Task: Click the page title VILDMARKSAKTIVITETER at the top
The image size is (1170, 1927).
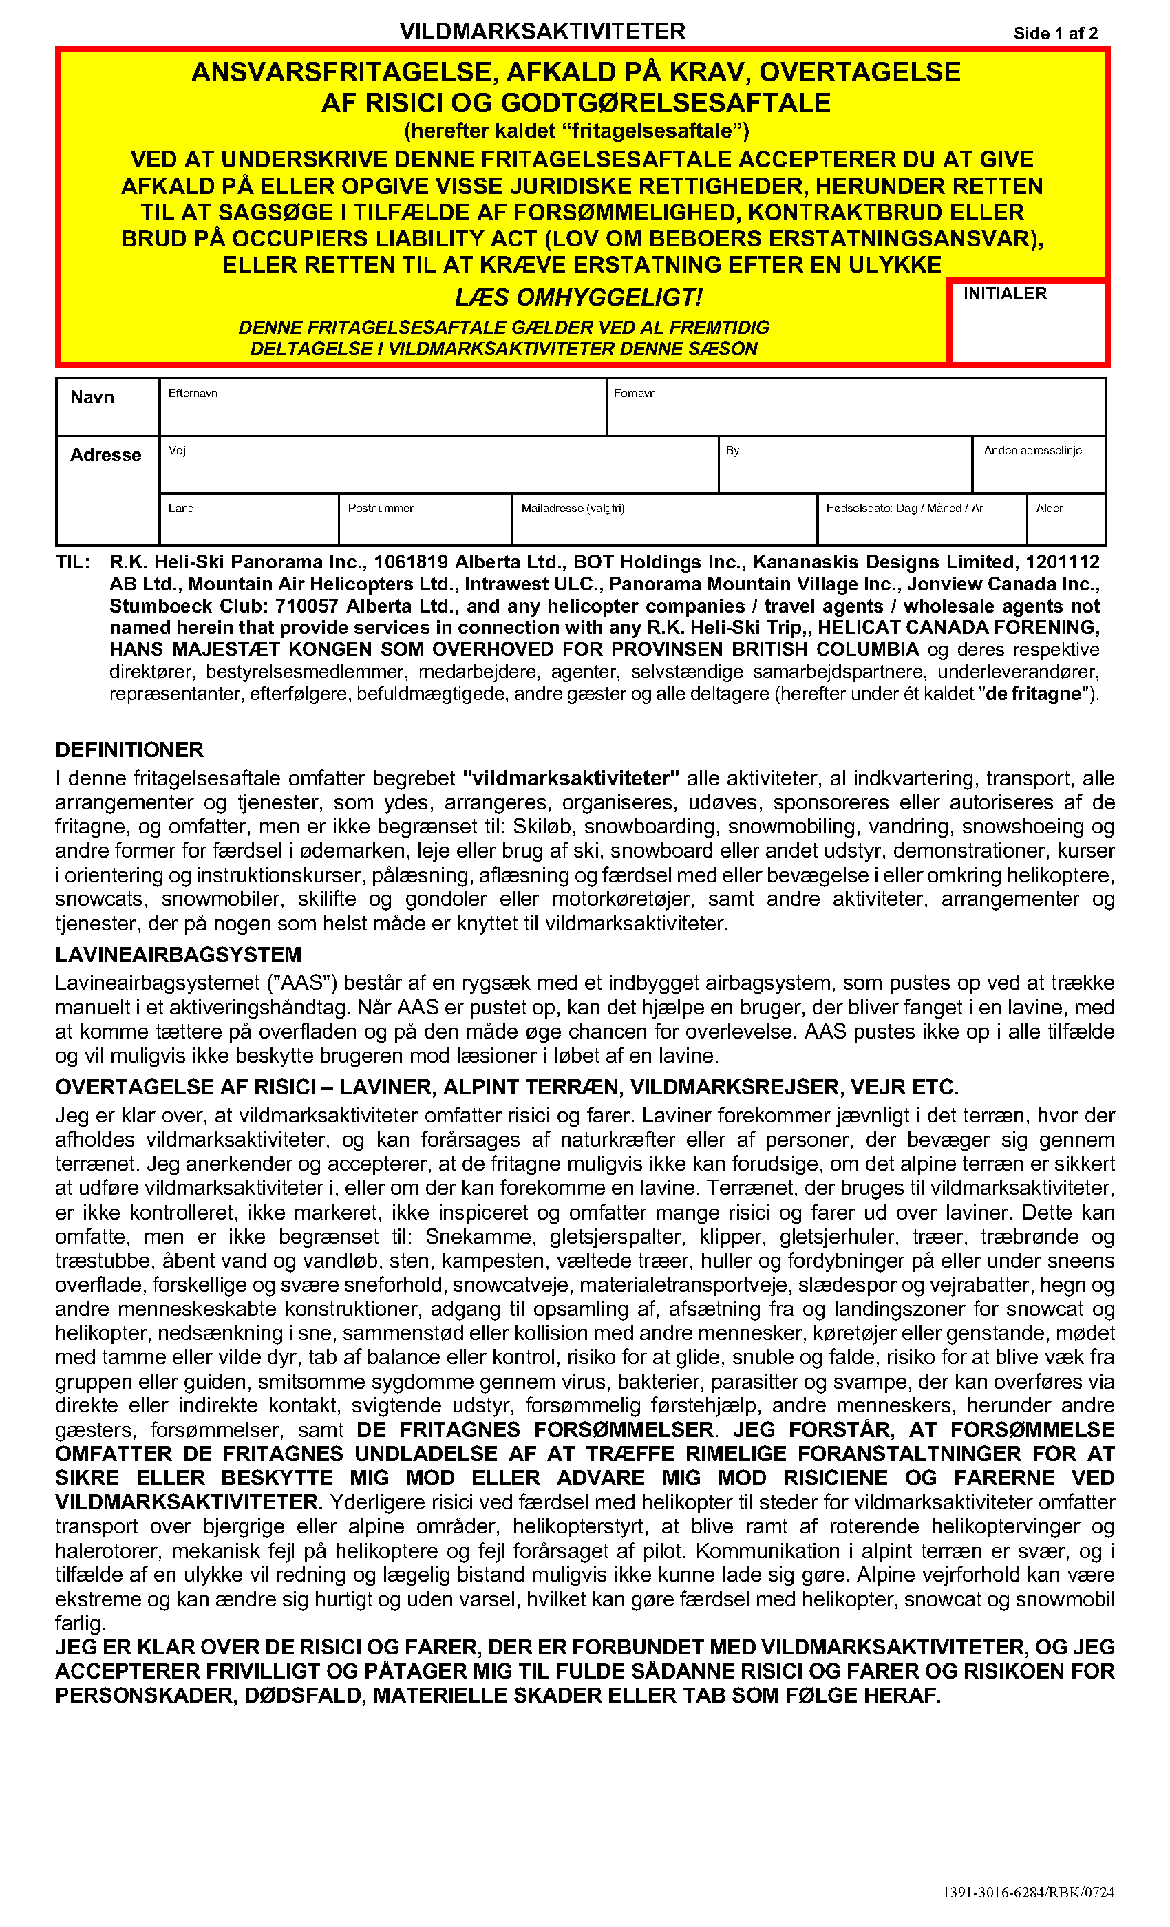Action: click(x=542, y=31)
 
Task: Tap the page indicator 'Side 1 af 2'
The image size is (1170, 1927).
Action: click(x=1055, y=34)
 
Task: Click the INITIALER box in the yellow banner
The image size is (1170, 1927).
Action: click(x=1027, y=322)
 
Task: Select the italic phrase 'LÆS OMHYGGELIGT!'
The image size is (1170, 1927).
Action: click(x=579, y=298)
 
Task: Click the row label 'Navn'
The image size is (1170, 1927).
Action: click(x=92, y=397)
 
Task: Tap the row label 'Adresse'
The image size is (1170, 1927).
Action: click(x=105, y=455)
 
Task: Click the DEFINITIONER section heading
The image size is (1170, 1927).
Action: click(x=129, y=750)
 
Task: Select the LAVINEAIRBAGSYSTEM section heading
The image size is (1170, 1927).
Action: click(x=178, y=955)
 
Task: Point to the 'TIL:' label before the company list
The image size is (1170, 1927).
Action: click(x=73, y=562)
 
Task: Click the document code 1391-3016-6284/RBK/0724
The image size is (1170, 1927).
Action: click(x=1028, y=1893)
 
